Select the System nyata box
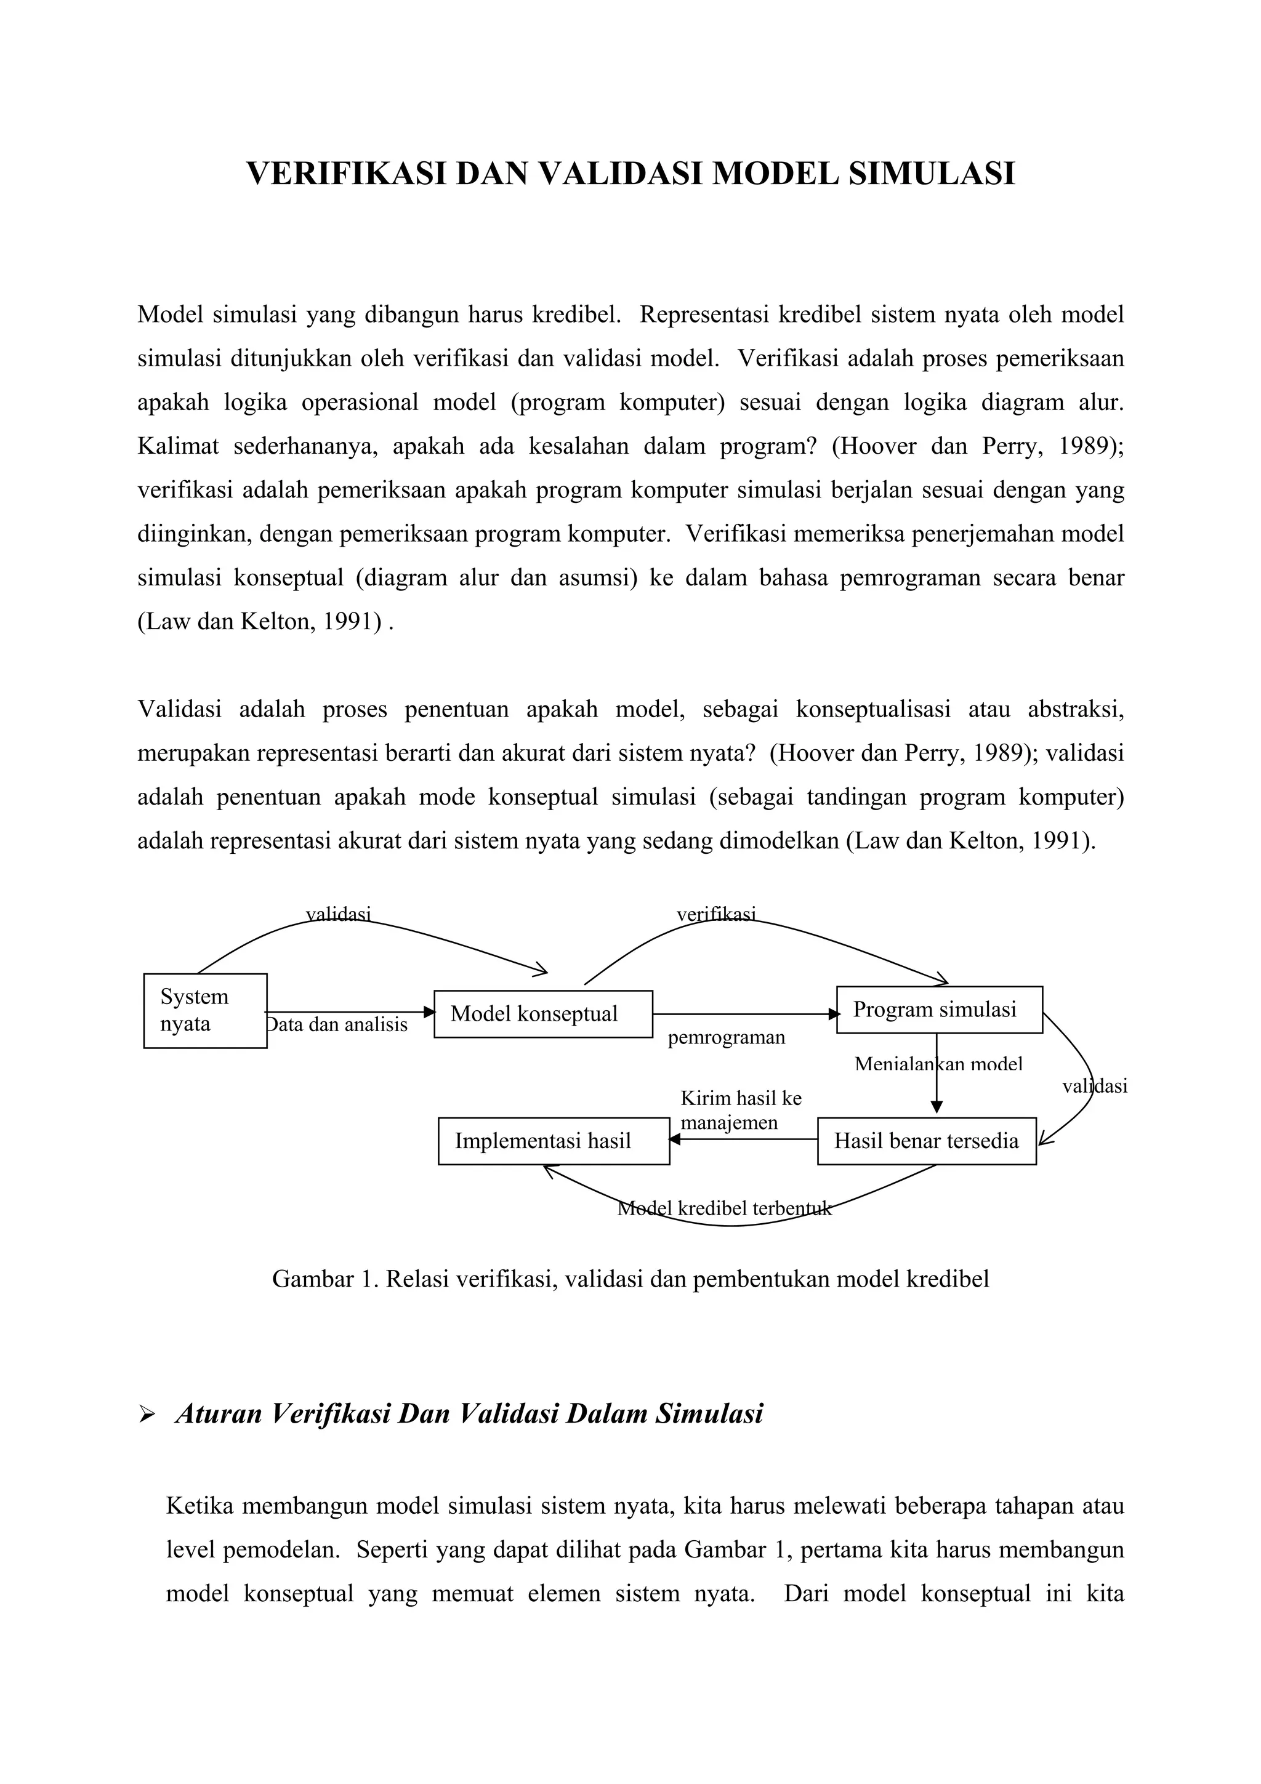click(205, 1010)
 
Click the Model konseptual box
click(542, 1013)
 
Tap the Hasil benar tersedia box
click(926, 1141)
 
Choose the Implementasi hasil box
click(553, 1141)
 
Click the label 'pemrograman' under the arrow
click(726, 1037)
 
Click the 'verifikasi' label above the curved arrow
click(715, 915)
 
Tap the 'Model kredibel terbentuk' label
click(724, 1208)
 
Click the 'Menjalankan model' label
click(938, 1064)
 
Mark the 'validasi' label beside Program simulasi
click(1094, 1087)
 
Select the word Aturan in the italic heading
click(219, 1413)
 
